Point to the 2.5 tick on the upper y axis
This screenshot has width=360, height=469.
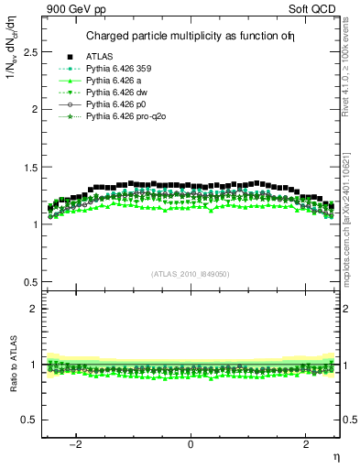pos(33,51)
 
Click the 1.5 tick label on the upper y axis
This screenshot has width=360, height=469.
pos(33,167)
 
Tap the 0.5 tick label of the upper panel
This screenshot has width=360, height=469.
pos(33,282)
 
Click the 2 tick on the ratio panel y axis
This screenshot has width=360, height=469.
pos(38,309)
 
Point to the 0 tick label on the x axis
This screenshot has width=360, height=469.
pos(191,444)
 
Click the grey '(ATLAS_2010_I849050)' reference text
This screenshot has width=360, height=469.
pos(191,273)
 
